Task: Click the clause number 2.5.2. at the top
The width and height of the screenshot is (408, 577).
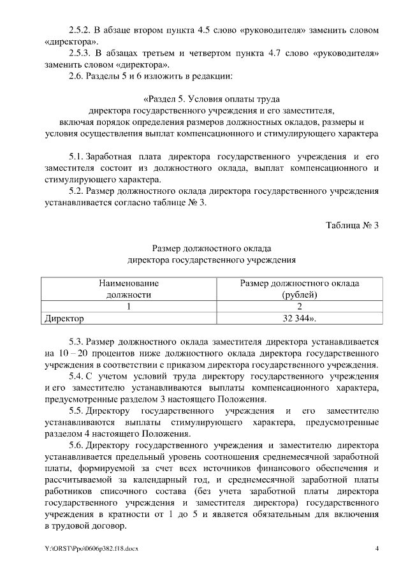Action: tap(80, 30)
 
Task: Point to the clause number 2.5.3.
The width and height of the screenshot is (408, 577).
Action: tap(80, 54)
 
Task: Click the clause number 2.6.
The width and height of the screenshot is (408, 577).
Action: tap(76, 77)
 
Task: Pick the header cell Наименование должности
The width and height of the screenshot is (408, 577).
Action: tap(128, 288)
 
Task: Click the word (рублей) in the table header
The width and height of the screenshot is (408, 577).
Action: tap(299, 294)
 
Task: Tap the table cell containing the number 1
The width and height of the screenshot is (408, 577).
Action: tap(128, 305)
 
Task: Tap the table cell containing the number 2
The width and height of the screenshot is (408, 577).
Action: tap(299, 305)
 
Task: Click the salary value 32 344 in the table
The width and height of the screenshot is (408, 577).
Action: tap(295, 317)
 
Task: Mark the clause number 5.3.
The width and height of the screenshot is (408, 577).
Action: tap(76, 341)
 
